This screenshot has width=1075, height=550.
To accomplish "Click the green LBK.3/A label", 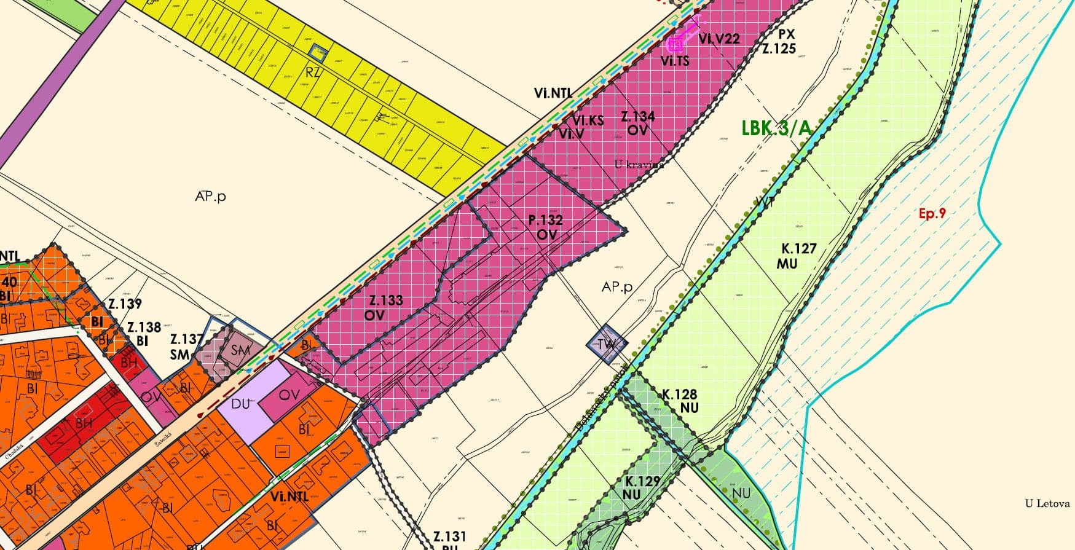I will [776, 128].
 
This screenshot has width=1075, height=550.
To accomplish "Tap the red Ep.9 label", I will [932, 214].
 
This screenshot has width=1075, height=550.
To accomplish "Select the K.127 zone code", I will [798, 249].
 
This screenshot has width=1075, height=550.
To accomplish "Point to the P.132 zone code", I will [545, 220].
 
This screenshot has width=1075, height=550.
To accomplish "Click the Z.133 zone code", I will [385, 301].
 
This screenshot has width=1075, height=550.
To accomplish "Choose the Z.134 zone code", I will [637, 116].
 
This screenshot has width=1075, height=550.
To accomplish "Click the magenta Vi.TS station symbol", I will [675, 44].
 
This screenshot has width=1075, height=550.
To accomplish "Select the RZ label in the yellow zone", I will [313, 73].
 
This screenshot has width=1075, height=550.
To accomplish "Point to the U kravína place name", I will [639, 164].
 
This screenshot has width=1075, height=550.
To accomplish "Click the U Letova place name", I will [1047, 504].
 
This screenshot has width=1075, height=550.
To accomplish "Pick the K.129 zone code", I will [642, 481].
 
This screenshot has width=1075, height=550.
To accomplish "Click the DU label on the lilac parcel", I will [240, 404].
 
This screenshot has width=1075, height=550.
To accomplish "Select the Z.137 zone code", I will [186, 339].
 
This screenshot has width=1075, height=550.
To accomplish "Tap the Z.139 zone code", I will [125, 304].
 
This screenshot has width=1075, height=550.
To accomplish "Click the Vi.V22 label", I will [719, 38].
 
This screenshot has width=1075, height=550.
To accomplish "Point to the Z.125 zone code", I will [779, 48].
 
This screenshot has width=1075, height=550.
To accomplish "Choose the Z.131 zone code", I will [449, 536].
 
